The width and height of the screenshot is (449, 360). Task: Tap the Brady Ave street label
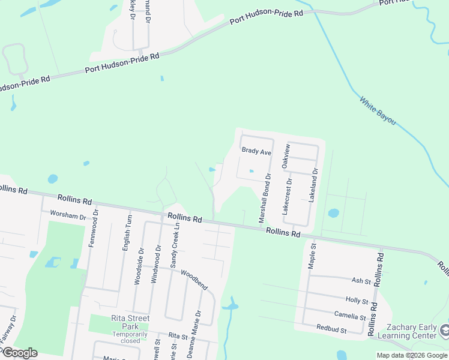pyautogui.click(x=256, y=151)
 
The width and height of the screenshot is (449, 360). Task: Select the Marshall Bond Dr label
pyautogui.click(x=265, y=198)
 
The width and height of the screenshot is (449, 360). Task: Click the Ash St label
pyautogui.click(x=361, y=281)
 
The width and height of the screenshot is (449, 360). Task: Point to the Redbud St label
pyautogui.click(x=332, y=329)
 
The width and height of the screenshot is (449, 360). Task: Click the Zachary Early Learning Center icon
pyautogui.click(x=445, y=330)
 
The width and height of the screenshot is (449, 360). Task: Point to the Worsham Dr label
pyautogui.click(x=68, y=214)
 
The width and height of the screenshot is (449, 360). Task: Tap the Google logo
pyautogui.click(x=20, y=353)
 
